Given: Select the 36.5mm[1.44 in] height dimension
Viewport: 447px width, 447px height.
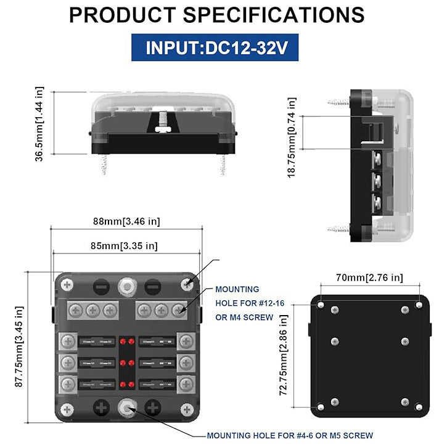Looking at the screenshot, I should (40, 123).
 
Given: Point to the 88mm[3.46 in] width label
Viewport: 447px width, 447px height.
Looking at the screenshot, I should (126, 221).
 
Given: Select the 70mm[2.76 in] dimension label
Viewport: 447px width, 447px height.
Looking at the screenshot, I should (369, 278).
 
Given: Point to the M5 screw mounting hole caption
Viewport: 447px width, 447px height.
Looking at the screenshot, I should (290, 435).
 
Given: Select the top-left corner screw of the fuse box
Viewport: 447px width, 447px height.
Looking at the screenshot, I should (68, 285).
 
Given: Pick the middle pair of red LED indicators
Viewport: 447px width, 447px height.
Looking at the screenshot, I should (128, 362).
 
